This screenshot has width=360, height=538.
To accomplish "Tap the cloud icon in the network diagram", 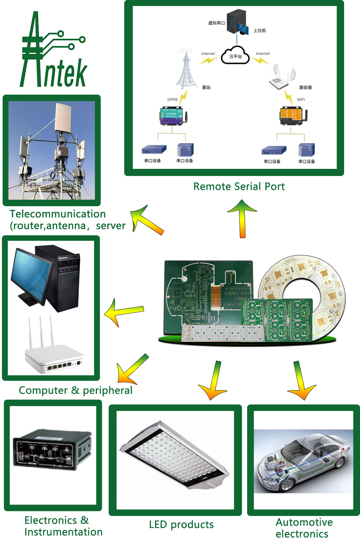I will pos(235,56).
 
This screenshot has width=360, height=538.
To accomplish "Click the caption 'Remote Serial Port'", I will pos(239,187).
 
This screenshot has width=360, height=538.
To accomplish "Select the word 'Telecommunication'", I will pos(58,214).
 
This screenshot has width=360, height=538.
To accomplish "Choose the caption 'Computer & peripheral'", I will pos(76,390).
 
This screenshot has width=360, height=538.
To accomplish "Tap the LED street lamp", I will pos(175,455).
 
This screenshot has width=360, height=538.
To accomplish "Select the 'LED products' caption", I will pos(181,524).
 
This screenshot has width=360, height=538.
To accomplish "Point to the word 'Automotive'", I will pos(304,522).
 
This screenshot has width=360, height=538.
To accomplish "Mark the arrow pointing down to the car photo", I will pos(301,381).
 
